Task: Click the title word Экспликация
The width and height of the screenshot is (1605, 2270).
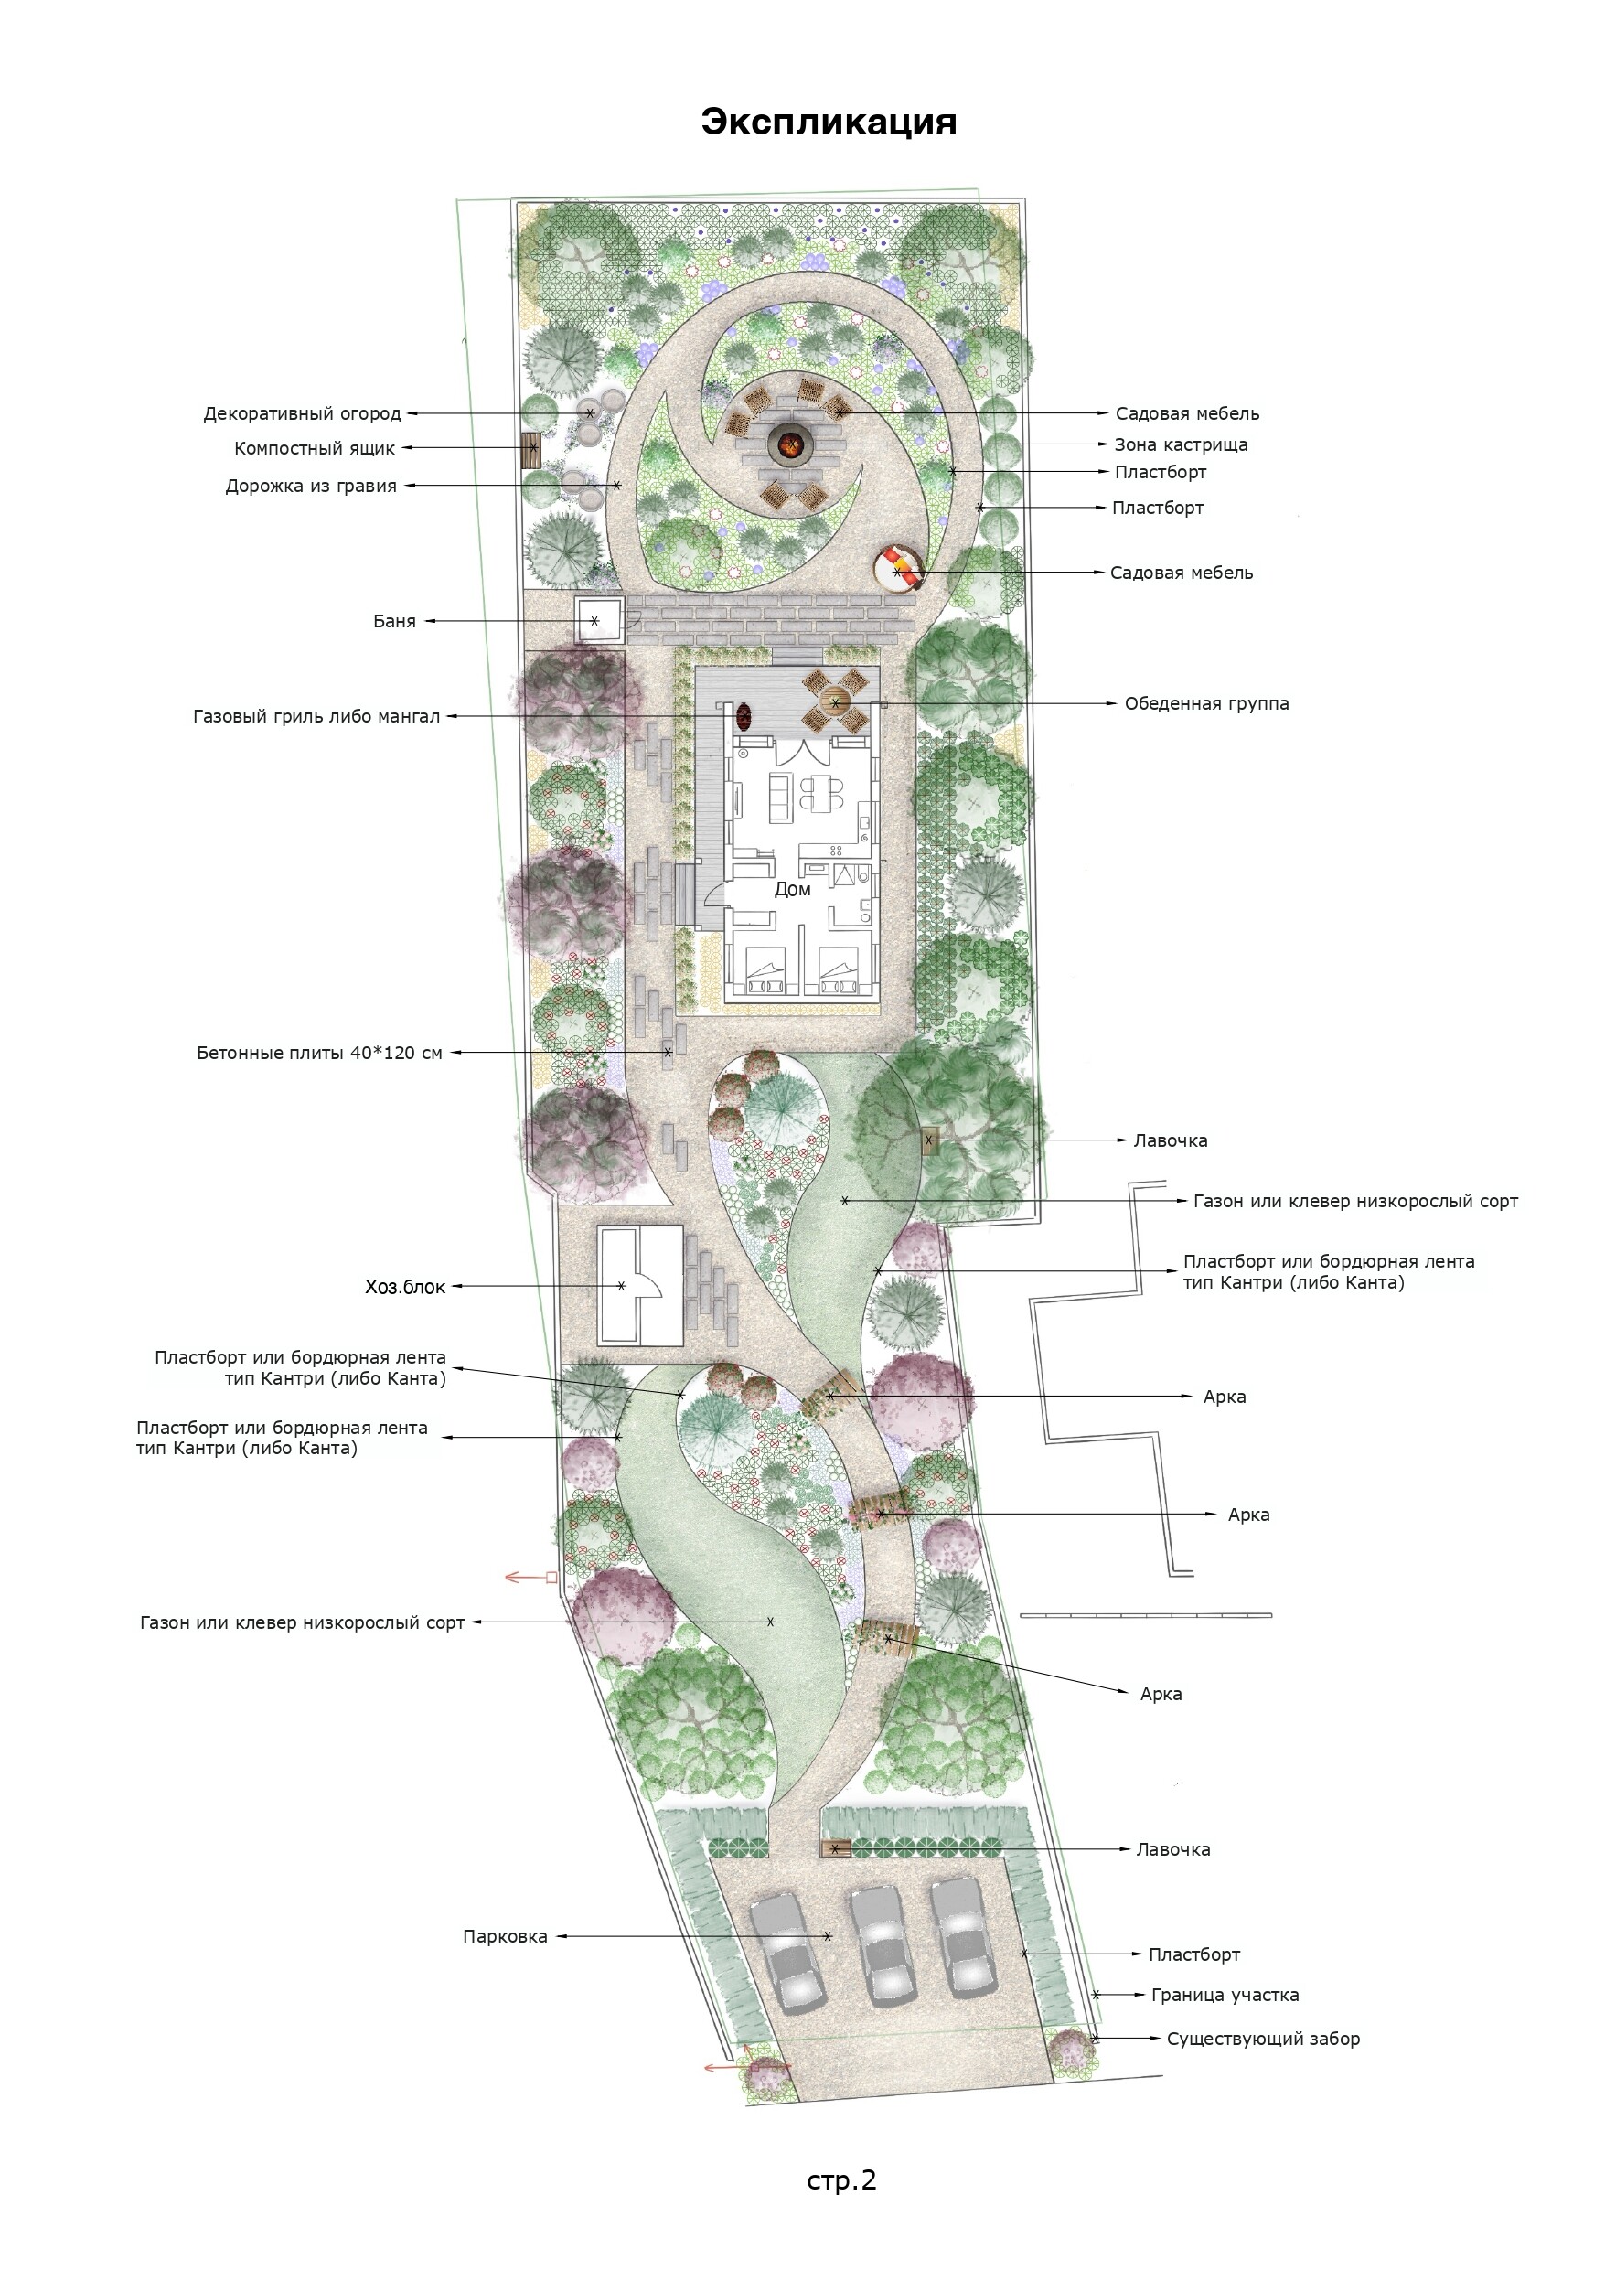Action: [x=829, y=122]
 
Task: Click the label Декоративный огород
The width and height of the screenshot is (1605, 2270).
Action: [x=303, y=413]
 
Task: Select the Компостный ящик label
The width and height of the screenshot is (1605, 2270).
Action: [x=315, y=448]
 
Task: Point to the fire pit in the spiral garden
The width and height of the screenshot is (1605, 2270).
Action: [x=789, y=441]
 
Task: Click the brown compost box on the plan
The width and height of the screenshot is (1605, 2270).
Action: [x=532, y=449]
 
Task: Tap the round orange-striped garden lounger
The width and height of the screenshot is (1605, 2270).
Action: [x=899, y=569]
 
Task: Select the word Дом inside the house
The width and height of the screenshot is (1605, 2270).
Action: [x=792, y=889]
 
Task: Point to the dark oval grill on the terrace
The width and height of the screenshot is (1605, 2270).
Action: [x=744, y=716]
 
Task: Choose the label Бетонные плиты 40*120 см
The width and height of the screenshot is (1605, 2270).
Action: [x=319, y=1053]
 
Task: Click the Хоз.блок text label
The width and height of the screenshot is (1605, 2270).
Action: [x=405, y=1286]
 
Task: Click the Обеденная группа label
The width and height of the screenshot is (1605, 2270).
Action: [x=1206, y=704]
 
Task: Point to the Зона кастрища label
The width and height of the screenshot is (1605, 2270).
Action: [x=1181, y=444]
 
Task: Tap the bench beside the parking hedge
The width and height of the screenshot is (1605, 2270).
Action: [x=835, y=1847]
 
